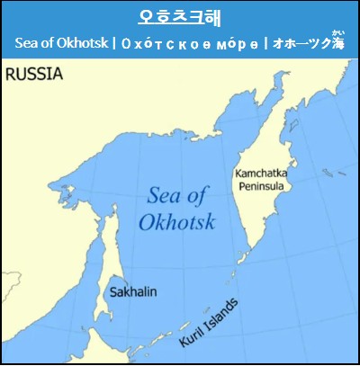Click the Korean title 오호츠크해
tap(180, 17)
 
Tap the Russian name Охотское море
tap(184, 43)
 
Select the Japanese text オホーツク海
tap(309, 43)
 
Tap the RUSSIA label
tap(34, 75)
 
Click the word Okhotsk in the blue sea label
tap(177, 220)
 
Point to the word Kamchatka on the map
tap(261, 172)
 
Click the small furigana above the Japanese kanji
tap(337, 34)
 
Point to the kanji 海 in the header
tap(337, 43)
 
